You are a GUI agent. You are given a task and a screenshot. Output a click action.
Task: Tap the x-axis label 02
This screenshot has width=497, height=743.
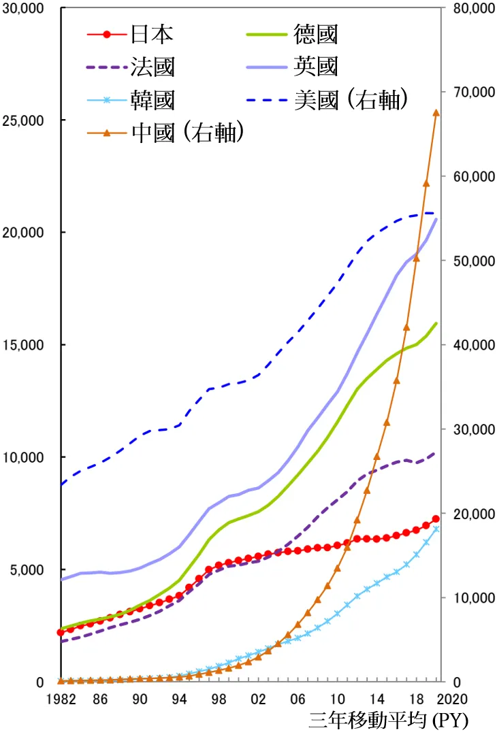click(x=258, y=699)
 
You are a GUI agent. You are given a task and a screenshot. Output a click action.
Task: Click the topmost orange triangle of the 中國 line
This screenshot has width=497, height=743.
click(x=436, y=113)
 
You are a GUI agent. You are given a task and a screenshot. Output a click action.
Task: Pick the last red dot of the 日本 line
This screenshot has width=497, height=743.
click(x=436, y=519)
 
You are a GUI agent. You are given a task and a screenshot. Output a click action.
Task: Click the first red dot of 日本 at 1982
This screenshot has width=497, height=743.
click(x=61, y=633)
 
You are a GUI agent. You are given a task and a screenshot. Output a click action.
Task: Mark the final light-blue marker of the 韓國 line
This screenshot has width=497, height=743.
click(x=436, y=529)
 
